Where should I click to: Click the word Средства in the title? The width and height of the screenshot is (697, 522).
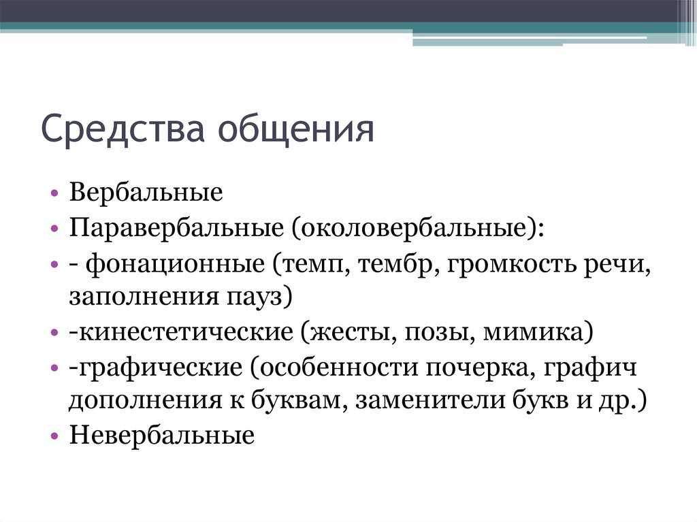coord(123,129)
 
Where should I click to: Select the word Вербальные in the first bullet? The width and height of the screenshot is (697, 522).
coord(146,192)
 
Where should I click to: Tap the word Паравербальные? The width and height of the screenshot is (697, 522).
coord(176,228)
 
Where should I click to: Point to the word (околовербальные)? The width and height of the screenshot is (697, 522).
coord(418,228)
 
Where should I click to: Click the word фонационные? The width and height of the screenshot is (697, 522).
coord(175,265)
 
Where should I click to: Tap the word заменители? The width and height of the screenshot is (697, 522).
coord(430,400)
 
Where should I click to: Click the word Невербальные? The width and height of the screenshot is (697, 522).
coord(162,435)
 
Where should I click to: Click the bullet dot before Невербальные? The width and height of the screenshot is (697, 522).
coord(54,436)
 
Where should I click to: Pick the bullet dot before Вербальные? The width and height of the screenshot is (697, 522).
coord(54,193)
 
